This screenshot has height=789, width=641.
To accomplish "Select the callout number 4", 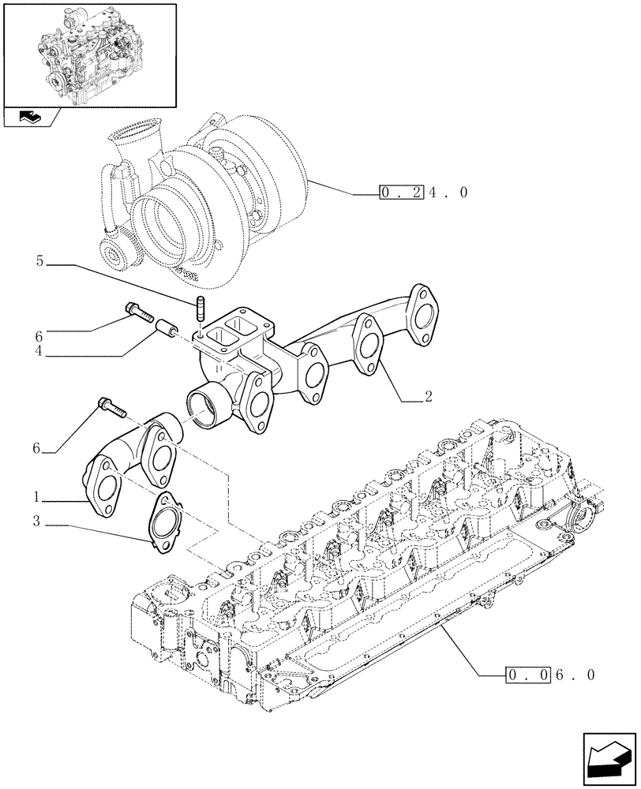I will [38, 353].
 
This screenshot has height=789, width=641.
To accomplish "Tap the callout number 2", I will [428, 398].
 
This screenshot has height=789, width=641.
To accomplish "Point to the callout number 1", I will [37, 497].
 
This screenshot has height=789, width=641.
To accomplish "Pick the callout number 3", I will [37, 521].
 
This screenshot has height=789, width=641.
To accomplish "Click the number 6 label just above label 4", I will [38, 335].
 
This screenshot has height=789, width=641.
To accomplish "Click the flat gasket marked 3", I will [163, 520].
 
